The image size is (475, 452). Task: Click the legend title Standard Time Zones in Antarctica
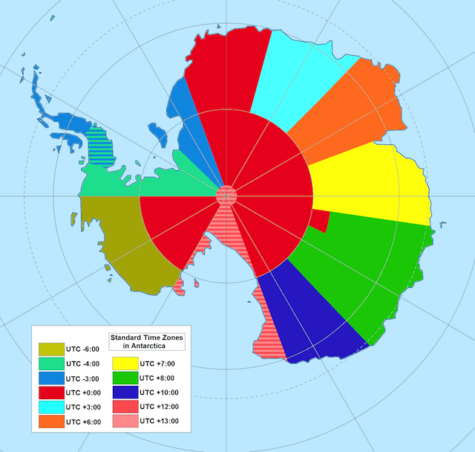[146, 341]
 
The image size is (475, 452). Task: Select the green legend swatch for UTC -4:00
[50, 364]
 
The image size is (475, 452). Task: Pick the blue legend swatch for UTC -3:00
[50, 378]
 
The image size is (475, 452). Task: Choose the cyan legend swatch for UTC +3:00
[50, 407]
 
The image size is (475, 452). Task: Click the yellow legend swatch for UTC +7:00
[122, 364]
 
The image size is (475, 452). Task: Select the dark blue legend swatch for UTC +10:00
[122, 392]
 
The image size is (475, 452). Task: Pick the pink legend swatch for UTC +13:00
[122, 422]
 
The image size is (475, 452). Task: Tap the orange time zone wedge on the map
[349, 112]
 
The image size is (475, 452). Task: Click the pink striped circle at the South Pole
[226, 196]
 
